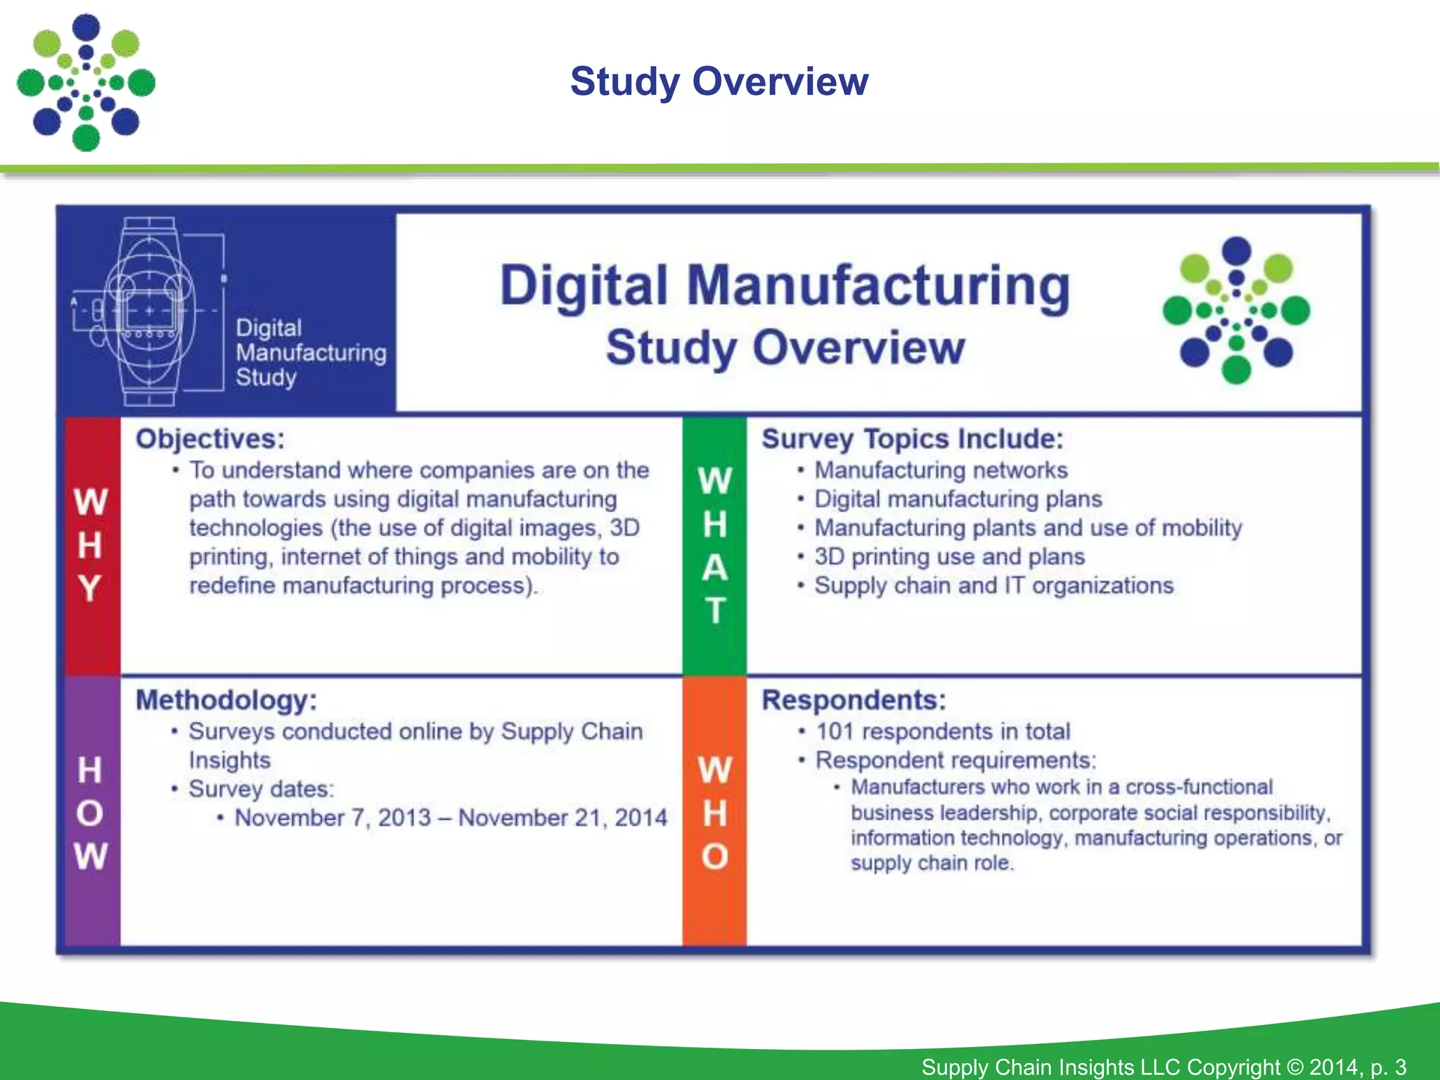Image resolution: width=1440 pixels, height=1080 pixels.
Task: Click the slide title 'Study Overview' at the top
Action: pos(719,82)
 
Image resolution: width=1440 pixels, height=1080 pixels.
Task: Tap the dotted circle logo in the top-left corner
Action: pos(86,82)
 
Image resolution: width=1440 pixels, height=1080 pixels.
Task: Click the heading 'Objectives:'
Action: pos(210,439)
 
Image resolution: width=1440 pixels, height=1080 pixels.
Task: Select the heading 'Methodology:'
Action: pos(226,700)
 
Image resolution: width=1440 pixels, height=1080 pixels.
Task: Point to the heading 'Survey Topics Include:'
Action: pos(912,439)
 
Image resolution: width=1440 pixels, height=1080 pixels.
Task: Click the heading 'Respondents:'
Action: pos(854,700)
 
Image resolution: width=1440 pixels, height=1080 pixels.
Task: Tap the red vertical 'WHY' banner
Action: pos(91,545)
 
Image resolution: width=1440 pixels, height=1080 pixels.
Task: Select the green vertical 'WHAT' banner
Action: pos(714,545)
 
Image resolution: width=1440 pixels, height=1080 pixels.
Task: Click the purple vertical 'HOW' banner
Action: pos(91,813)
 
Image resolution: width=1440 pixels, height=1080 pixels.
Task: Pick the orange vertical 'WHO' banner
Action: pos(714,813)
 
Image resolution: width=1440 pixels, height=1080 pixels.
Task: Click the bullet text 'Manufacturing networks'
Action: pos(941,470)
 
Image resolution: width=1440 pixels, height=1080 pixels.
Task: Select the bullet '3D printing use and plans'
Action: pos(949,557)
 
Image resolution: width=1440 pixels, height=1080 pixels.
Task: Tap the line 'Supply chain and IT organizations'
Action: pos(994,586)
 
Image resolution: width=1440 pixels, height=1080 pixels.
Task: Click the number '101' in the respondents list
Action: pos(835,731)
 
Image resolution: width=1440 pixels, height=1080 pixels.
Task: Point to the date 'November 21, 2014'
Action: pos(562,818)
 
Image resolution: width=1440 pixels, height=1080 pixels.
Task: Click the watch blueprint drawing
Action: pos(149,311)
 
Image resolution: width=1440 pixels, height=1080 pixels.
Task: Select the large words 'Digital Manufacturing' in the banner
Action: pos(785,287)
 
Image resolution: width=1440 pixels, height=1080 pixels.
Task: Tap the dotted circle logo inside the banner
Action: pos(1236,310)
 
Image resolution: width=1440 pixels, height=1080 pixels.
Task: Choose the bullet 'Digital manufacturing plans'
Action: pos(958,499)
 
